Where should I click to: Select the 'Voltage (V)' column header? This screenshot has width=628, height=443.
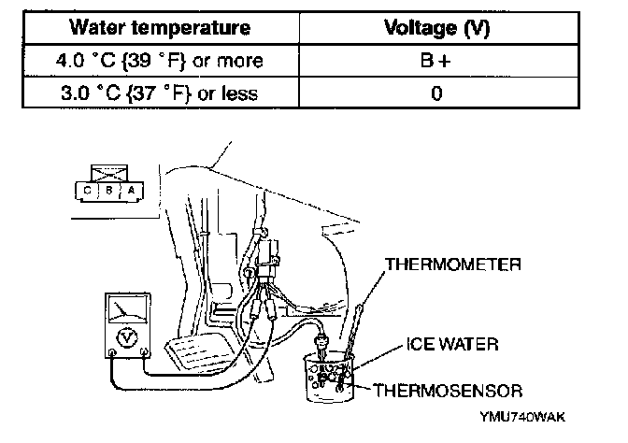(x=437, y=27)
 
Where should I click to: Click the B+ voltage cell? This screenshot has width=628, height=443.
(x=437, y=61)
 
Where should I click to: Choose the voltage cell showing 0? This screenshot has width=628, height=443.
(x=437, y=93)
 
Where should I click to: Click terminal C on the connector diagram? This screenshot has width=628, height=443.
(x=88, y=189)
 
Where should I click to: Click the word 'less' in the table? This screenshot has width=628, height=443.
(x=270, y=93)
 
